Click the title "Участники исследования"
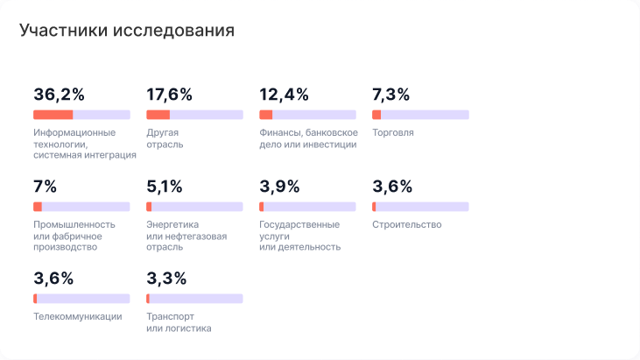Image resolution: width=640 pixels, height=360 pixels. point(127,31)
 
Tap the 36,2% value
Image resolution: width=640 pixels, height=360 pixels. point(60,95)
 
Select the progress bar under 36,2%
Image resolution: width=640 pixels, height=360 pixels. point(81,115)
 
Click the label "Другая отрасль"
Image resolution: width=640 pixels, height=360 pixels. point(165,138)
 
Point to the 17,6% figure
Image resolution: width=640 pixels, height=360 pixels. point(170,95)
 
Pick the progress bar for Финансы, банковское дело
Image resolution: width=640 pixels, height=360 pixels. point(307,115)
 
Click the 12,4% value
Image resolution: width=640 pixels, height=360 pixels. point(285,95)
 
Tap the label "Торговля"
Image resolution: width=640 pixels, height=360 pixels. point(393,133)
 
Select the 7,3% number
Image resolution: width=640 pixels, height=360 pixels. point(391,95)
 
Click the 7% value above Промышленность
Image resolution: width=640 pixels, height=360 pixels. point(45,187)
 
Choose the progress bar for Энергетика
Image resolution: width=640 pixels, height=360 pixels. point(194,207)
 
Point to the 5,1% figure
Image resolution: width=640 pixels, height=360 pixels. point(165,187)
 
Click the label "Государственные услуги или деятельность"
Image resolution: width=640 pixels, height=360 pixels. point(299,236)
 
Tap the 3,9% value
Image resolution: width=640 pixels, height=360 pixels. point(280,187)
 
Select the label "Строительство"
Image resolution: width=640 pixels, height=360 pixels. point(407,225)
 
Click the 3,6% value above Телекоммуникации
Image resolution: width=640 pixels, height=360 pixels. point(53,279)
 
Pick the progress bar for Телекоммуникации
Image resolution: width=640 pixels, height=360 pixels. point(81,299)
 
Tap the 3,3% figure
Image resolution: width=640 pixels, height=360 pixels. point(166,279)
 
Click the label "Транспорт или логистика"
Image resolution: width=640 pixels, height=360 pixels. point(179,322)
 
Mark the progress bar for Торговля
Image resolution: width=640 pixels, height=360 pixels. point(420,115)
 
